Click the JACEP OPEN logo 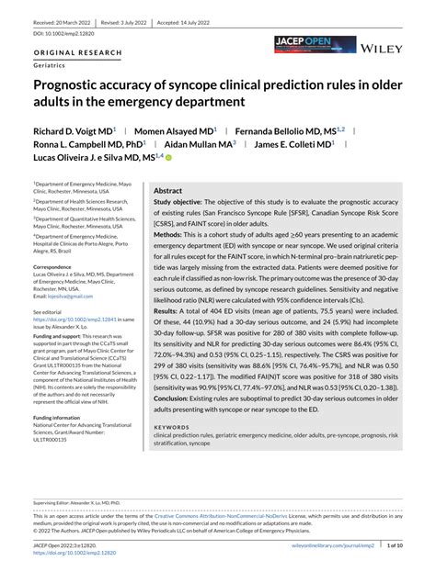pyautogui.click(x=314, y=43)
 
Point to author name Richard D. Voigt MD pyautogui.click(x=74, y=132)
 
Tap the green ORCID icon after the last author pyautogui.click(x=168, y=158)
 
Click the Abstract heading pyautogui.click(x=168, y=190)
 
